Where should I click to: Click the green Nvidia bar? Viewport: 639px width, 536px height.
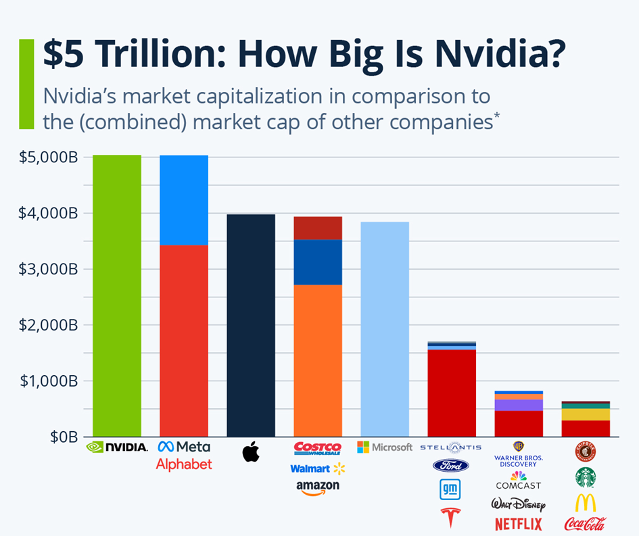[x=117, y=295]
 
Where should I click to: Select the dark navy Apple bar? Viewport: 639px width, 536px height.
[x=251, y=325]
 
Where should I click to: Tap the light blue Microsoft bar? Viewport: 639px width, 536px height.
[x=385, y=329]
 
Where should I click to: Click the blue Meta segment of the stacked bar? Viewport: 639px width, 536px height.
[x=184, y=200]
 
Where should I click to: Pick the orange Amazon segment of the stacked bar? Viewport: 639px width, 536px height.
[x=318, y=360]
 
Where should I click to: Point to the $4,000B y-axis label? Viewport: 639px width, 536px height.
[x=48, y=213]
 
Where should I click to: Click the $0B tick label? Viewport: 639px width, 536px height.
[x=64, y=437]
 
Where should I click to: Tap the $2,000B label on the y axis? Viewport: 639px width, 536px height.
[x=48, y=325]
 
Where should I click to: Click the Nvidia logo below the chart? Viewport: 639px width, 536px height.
[x=117, y=447]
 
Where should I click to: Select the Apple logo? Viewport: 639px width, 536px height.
[x=251, y=452]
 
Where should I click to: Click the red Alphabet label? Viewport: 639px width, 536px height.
[x=184, y=464]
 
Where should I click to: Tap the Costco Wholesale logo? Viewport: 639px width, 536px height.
[x=318, y=448]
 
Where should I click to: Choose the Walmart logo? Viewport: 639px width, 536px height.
[x=318, y=469]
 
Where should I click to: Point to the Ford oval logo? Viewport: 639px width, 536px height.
[x=451, y=466]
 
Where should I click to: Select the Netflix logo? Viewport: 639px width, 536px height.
[x=519, y=524]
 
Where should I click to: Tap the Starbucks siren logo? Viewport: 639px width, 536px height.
[x=585, y=477]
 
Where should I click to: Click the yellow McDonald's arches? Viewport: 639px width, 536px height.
[x=585, y=503]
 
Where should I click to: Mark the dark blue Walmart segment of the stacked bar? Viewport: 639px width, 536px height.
[x=318, y=262]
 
